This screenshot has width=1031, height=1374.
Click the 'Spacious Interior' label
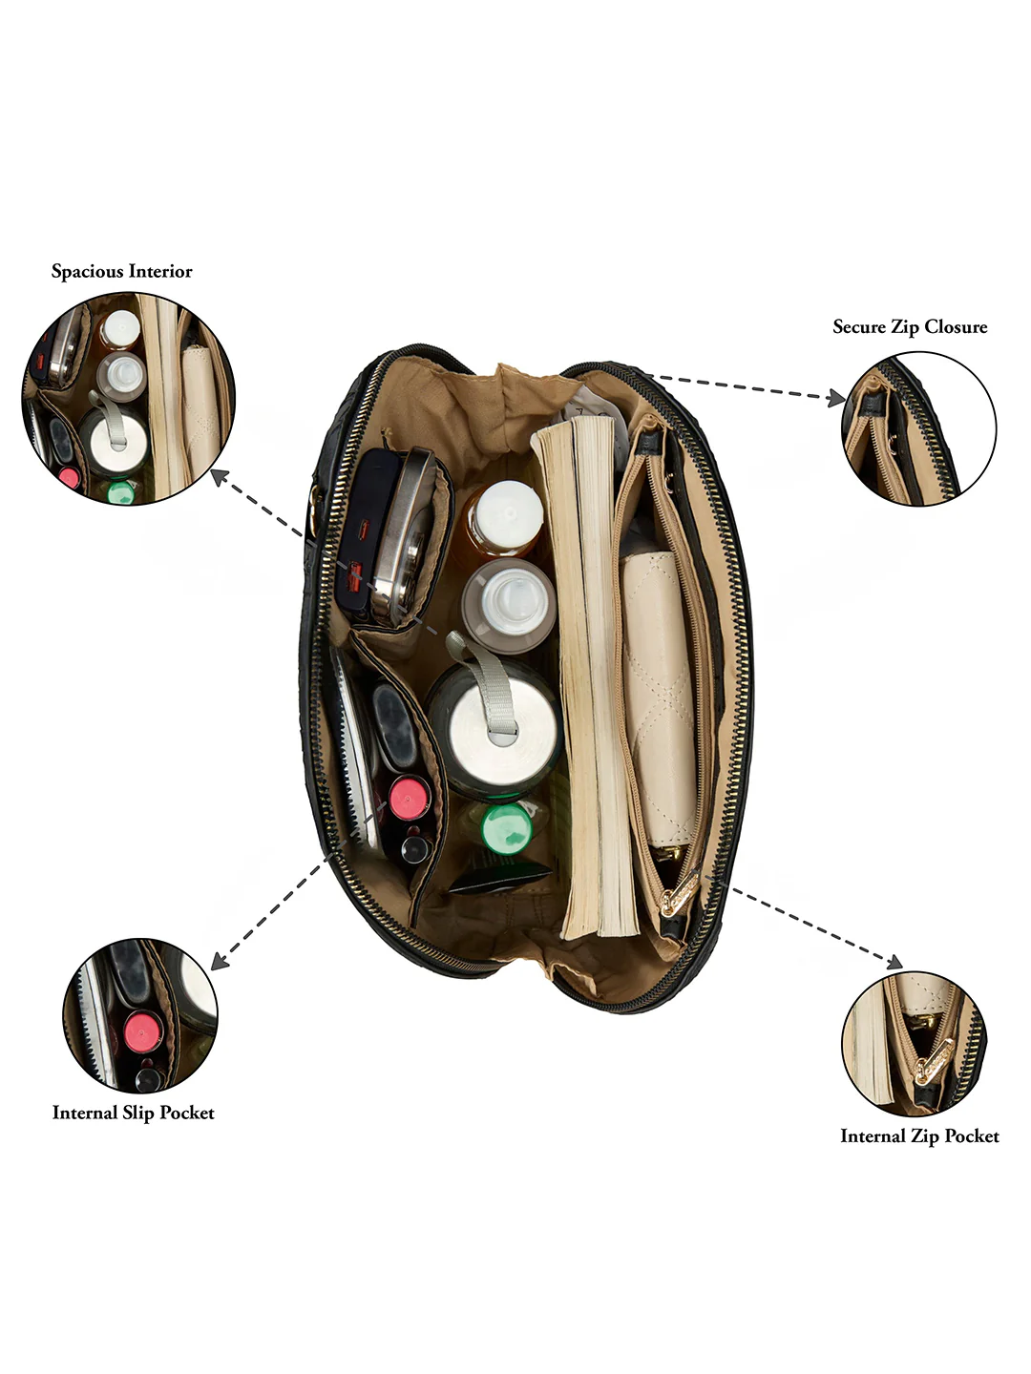click(x=121, y=271)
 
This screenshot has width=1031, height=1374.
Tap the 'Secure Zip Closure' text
click(x=910, y=326)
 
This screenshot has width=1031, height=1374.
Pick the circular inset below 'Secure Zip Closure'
click(x=918, y=428)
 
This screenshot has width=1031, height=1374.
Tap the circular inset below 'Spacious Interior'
click(x=128, y=399)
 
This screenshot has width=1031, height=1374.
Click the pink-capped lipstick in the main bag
click(x=409, y=799)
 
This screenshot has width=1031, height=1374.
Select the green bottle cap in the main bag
click(x=506, y=829)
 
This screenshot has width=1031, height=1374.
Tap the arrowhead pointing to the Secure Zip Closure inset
click(x=835, y=397)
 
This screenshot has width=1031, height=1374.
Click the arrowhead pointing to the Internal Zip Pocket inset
click(x=894, y=962)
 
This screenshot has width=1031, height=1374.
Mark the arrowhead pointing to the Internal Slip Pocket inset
click(x=221, y=962)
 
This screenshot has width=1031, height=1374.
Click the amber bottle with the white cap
click(x=504, y=519)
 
